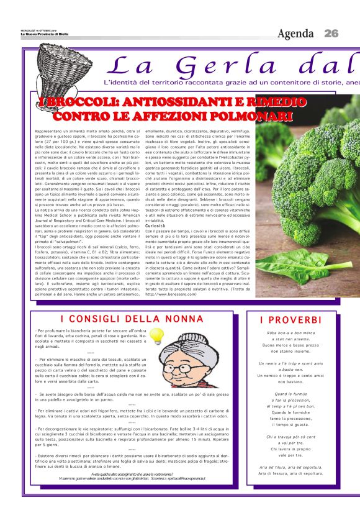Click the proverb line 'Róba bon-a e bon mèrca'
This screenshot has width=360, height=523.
pyautogui.click(x=290, y=333)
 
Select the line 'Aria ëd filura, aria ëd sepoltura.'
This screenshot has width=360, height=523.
pyautogui.click(x=290, y=466)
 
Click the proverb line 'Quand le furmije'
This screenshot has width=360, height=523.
pyautogui.click(x=290, y=394)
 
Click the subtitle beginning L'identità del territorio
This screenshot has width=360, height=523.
pyautogui.click(x=230, y=82)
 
